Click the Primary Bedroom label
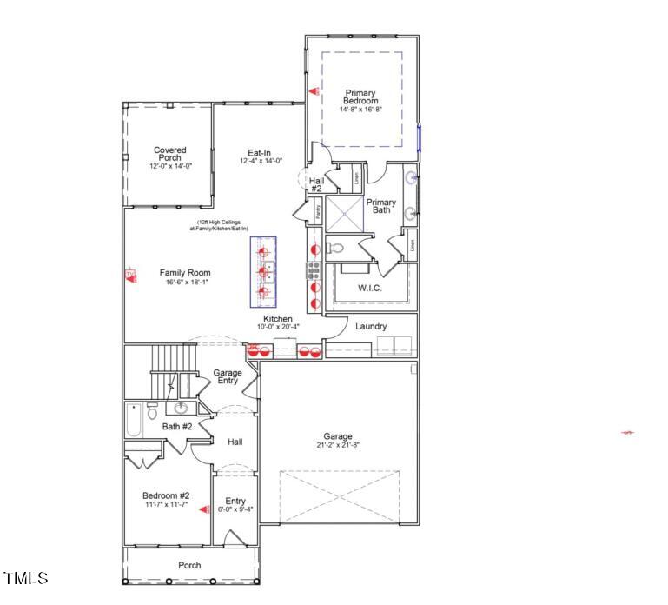pos(360,96)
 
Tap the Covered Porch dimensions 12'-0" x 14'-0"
pos(169,165)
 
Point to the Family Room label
pos(184,273)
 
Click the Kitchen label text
pos(278,319)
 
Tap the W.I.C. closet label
pos(370,288)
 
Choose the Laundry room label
pos(371,327)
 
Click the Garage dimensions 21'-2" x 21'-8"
pos(339,444)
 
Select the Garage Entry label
pos(228,376)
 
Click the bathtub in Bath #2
pos(133,420)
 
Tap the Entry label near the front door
pos(235,501)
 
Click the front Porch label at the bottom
pos(189,565)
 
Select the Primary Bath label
pos(380,206)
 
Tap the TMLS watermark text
pos(26,578)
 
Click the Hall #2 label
pos(316,183)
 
